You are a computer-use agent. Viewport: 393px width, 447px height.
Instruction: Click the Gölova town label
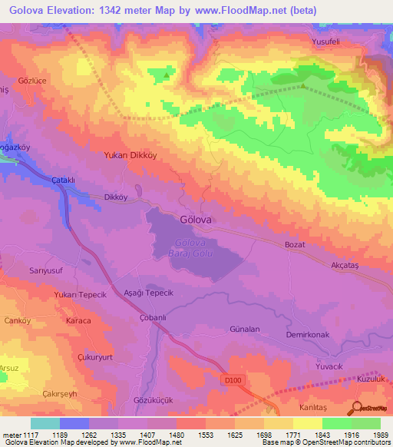[x=196, y=218]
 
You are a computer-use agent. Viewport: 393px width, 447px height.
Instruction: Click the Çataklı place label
[x=63, y=179]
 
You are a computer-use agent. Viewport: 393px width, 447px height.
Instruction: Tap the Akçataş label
[x=344, y=263]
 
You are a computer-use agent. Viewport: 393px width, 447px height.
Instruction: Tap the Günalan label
[x=245, y=329]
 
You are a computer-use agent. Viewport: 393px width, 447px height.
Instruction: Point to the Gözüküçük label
[x=152, y=402]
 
